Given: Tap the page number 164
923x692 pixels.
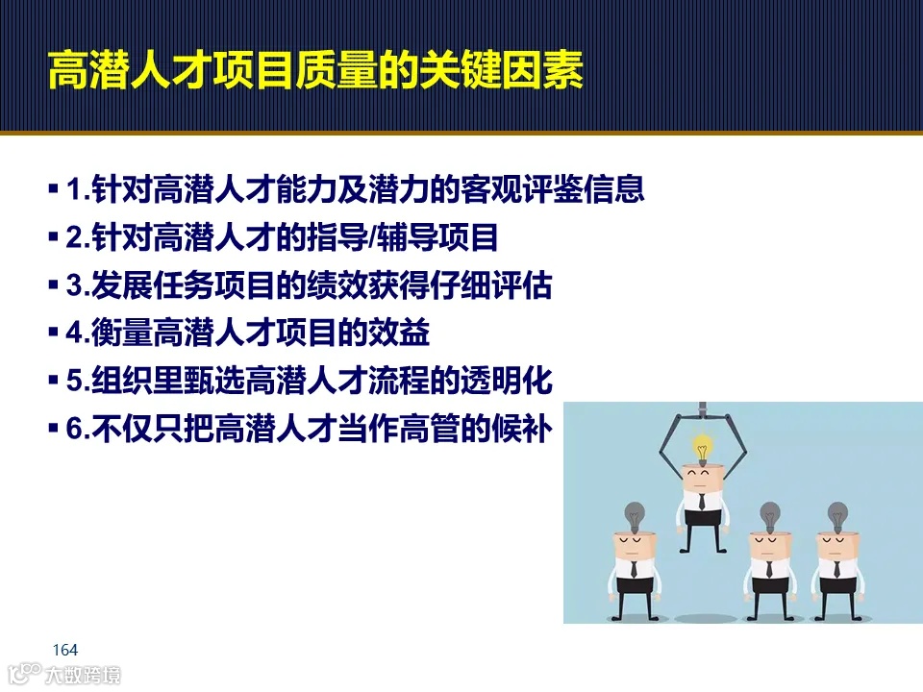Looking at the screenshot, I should tap(65, 649).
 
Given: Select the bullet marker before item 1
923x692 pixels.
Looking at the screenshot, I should tap(53, 189).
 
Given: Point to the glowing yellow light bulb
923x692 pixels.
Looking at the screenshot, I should tap(703, 448).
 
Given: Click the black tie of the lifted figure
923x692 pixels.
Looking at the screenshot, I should tap(703, 501).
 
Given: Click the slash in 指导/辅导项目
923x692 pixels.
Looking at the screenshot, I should tap(371, 237).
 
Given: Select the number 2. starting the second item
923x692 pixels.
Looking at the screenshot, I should tap(78, 237).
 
